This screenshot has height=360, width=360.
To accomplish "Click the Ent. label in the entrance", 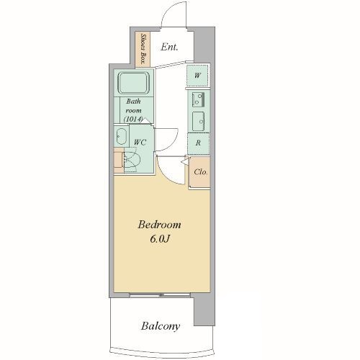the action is pos(169,47).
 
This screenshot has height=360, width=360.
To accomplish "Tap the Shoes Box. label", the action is pos(143,50).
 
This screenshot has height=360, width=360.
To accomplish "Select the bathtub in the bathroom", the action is pos(134,83).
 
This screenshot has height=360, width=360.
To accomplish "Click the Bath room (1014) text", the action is pos(134,110).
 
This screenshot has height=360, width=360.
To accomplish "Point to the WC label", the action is pos(140,143).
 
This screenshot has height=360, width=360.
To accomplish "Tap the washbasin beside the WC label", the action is pos(121,136).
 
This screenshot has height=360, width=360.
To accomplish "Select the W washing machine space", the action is pos(197,76).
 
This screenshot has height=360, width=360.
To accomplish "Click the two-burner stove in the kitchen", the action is pos(198,99).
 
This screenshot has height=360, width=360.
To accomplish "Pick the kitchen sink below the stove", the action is pos(199,122).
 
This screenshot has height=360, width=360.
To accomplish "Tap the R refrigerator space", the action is pos(198,143).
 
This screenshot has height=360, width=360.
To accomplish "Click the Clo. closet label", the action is pos(201,172).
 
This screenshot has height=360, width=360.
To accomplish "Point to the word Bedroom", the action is pos(159,225).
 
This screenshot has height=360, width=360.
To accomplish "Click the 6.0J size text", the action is pos(160,239).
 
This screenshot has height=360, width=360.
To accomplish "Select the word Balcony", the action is pos(161,326).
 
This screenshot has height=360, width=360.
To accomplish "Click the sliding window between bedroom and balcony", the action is pos(160,294).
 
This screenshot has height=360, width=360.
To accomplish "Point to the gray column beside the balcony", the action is pos(204,310).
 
